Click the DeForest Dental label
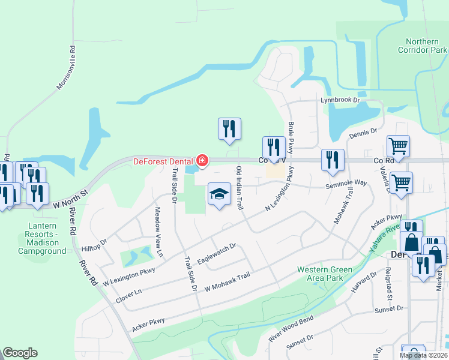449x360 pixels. click(x=163, y=161)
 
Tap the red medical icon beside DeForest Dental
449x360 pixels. click(x=202, y=161)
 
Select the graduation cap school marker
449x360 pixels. click(x=219, y=194)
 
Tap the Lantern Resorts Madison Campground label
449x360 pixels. click(x=42, y=239)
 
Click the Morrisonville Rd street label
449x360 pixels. click(x=66, y=68)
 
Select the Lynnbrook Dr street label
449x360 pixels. click(x=339, y=100)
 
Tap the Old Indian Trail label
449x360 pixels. click(x=240, y=188)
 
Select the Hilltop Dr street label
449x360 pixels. click(x=94, y=243)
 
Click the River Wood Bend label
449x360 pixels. click(x=292, y=328)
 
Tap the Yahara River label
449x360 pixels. click(x=385, y=239)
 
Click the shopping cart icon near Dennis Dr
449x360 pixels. click(x=398, y=145)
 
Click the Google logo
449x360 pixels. click(x=20, y=353)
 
